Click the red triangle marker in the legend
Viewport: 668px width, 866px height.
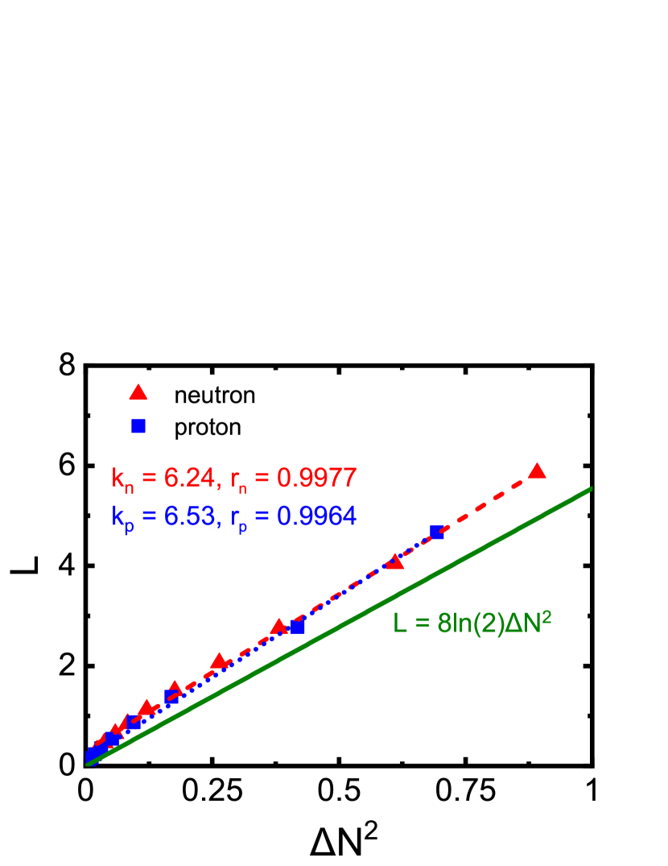coord(138,393)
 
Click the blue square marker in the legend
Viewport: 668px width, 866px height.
coord(138,426)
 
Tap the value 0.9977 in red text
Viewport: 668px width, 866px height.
coord(316,479)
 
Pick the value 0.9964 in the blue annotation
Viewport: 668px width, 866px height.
coord(316,516)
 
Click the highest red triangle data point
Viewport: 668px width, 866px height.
coord(537,471)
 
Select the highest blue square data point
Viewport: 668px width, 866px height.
coord(437,532)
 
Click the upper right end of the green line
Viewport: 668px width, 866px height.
coord(591,488)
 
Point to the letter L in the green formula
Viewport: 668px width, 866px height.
coord(400,624)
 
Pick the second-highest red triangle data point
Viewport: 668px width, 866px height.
coord(394,562)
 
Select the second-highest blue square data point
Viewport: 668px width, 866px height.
coord(299,627)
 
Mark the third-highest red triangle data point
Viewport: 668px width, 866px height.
coord(278,627)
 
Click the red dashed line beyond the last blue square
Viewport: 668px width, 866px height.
coord(487,502)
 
